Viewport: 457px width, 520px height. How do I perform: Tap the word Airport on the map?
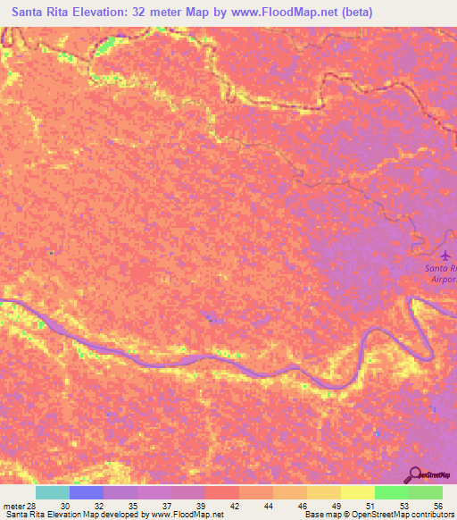(x=442, y=279)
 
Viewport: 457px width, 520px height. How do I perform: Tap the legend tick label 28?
(x=33, y=505)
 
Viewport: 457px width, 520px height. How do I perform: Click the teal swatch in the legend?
(x=53, y=492)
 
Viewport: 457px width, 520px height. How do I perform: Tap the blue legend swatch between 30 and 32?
(x=87, y=492)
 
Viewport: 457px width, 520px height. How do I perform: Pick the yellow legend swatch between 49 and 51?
(x=357, y=492)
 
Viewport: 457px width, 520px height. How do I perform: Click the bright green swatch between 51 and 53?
(x=391, y=492)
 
